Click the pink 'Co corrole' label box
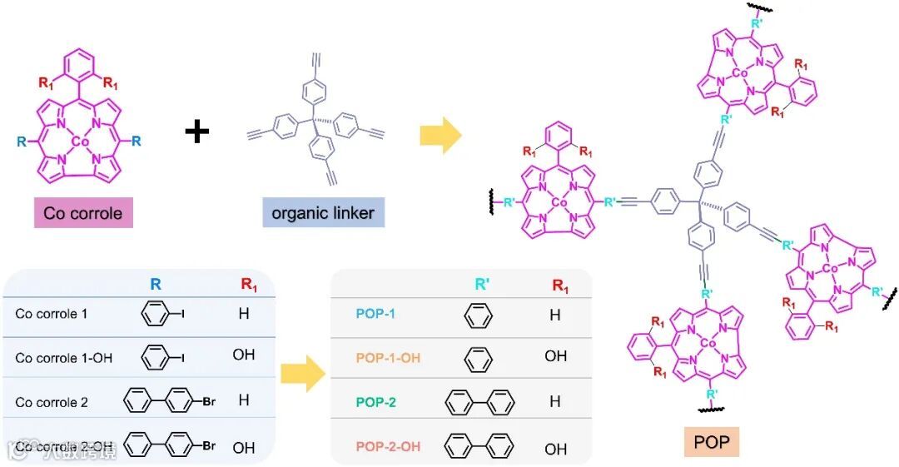[x=82, y=213]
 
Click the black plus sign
[x=197, y=132]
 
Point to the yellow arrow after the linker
[x=440, y=137]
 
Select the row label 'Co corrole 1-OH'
[x=63, y=358]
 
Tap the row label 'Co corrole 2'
[x=51, y=402]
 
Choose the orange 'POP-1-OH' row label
[x=388, y=357]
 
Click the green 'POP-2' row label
[x=375, y=402]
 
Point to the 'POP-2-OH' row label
[x=388, y=447]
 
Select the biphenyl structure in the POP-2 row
[x=479, y=403]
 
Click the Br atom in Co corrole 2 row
[x=208, y=401]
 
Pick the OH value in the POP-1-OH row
[x=555, y=356]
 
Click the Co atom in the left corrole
[x=81, y=142]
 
